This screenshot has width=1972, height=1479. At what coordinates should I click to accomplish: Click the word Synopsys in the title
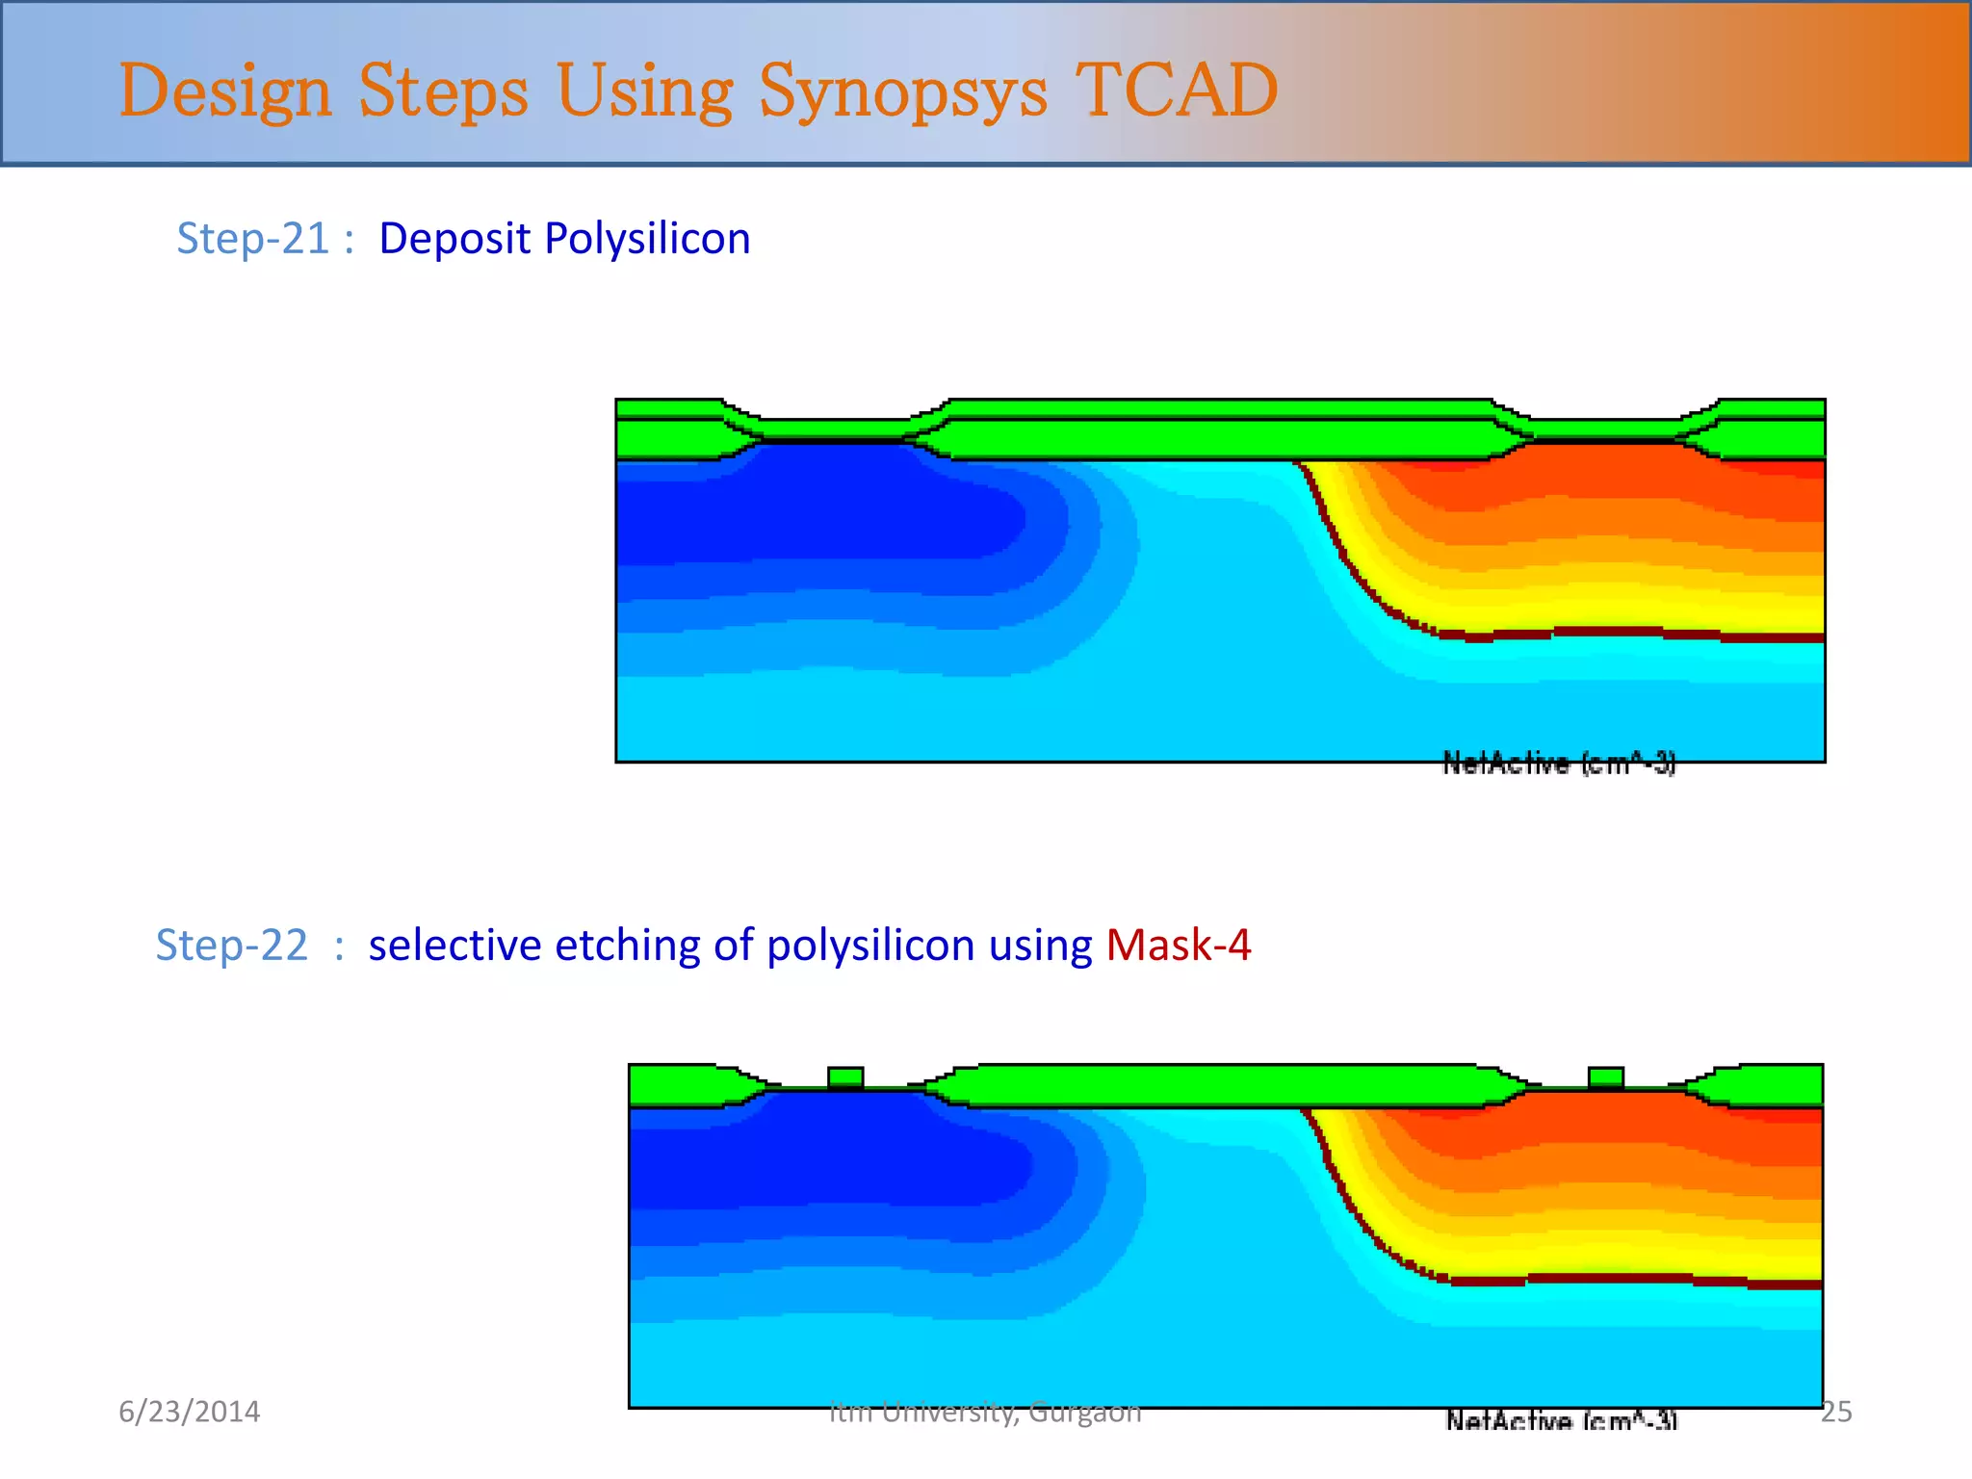pyautogui.click(x=902, y=92)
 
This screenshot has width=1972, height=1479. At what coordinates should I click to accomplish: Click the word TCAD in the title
pyautogui.click(x=1176, y=91)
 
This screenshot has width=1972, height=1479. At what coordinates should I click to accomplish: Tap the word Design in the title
pyautogui.click(x=224, y=92)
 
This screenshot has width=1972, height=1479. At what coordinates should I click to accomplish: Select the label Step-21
pyautogui.click(x=253, y=238)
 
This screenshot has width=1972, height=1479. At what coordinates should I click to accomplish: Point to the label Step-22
pyautogui.click(x=231, y=945)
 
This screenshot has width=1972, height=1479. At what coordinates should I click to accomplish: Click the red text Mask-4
pyautogui.click(x=1178, y=945)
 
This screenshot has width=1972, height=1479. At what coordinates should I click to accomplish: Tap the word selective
pyautogui.click(x=454, y=945)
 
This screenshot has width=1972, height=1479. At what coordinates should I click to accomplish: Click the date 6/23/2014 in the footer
pyautogui.click(x=189, y=1412)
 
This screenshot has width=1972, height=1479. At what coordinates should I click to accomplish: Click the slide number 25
pyautogui.click(x=1836, y=1412)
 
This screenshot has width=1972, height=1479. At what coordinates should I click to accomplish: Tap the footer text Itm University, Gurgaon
pyautogui.click(x=985, y=1412)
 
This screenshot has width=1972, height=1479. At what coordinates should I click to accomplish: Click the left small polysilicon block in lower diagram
pyautogui.click(x=845, y=1077)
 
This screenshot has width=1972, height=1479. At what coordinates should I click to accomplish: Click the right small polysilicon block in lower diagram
pyautogui.click(x=1605, y=1077)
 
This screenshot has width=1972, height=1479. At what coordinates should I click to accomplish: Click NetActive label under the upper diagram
pyautogui.click(x=1558, y=764)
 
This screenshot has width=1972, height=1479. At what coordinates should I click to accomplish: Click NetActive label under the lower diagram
pyautogui.click(x=1561, y=1421)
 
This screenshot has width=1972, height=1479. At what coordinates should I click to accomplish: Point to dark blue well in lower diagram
pyautogui.click(x=828, y=1155)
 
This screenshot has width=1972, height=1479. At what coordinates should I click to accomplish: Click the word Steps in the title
pyautogui.click(x=443, y=92)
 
